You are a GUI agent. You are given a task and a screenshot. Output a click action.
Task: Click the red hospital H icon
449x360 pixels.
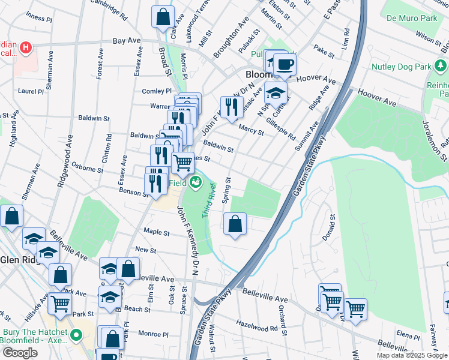pos(26,47)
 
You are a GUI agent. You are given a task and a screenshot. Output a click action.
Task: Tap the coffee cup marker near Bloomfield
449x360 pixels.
pos(285,64)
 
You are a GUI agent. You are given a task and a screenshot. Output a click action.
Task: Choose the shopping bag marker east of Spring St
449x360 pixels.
pos(235,224)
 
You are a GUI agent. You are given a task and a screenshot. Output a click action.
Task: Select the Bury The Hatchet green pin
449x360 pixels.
pos(75,335)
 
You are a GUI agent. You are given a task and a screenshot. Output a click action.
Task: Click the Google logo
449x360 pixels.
pos(20,353)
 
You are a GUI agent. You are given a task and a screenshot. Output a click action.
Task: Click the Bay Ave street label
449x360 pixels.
pos(126,41)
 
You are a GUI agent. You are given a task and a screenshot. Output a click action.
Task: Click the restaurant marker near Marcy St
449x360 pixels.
pos(231,107)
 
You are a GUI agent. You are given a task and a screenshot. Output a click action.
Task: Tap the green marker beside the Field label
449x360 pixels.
pos(195,182)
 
